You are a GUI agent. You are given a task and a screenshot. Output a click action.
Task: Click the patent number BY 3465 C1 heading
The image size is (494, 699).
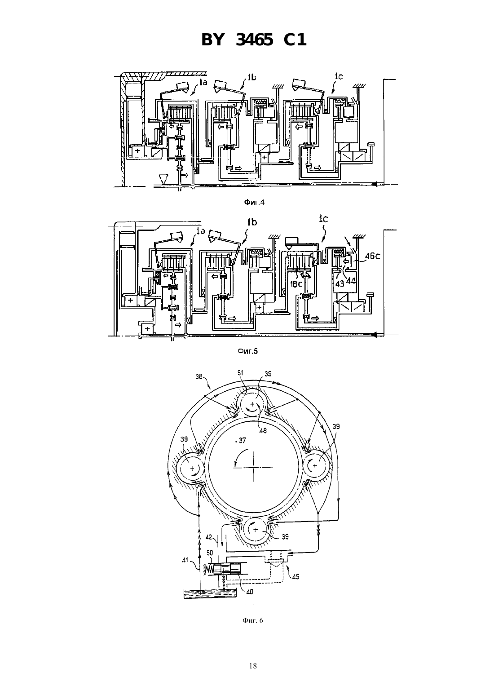(254, 40)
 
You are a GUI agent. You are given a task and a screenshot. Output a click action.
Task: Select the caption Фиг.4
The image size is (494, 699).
(254, 202)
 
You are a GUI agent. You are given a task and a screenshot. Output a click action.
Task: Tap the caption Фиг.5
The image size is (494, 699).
(247, 351)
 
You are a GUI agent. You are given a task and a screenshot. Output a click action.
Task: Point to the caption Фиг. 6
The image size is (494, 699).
(252, 620)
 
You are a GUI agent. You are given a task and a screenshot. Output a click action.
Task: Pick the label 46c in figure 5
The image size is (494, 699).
(373, 256)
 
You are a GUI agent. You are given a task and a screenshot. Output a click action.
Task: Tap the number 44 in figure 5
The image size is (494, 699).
(351, 281)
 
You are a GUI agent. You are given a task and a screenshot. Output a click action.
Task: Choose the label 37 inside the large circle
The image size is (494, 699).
(242, 440)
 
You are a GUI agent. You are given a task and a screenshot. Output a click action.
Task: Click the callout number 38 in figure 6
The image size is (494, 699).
(199, 376)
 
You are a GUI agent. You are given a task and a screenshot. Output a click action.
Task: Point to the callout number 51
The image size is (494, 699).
(240, 372)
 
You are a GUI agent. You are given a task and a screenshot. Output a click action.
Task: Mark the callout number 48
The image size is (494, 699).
(263, 430)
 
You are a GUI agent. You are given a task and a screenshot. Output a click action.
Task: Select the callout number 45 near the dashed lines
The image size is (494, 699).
(296, 576)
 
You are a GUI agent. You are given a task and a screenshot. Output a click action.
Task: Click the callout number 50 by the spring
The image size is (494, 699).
(210, 553)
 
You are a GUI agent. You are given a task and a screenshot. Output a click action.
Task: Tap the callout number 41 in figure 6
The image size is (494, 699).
(185, 560)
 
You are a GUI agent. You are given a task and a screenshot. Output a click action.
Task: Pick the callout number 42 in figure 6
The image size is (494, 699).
(209, 537)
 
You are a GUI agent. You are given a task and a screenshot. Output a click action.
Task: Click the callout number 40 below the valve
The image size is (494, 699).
(250, 591)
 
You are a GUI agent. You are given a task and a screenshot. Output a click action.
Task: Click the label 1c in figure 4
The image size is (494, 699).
(339, 76)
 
